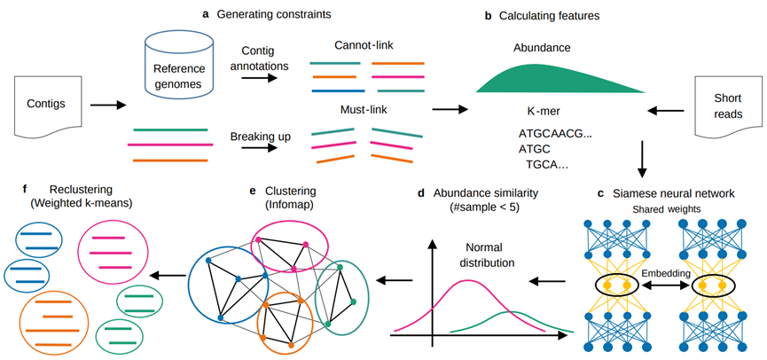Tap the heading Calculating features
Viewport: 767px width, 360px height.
[x=558, y=17]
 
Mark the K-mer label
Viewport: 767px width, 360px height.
[x=542, y=112]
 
